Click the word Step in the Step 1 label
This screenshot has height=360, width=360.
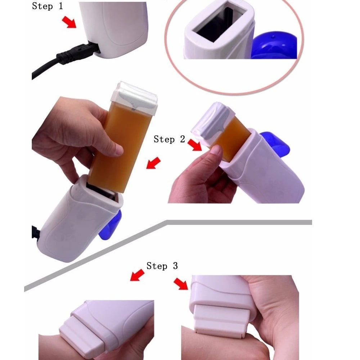pyautogui.click(x=42, y=6)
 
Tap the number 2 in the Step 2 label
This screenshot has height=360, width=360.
pyautogui.click(x=183, y=139)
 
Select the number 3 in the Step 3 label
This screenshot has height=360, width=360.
pyautogui.click(x=175, y=266)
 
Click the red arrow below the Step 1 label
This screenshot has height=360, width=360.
pyautogui.click(x=69, y=22)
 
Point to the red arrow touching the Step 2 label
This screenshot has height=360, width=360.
pyautogui.click(x=195, y=145)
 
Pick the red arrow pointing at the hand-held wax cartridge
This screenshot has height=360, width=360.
pyautogui.click(x=153, y=163)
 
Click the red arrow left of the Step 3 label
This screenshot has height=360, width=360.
pyautogui.click(x=137, y=275)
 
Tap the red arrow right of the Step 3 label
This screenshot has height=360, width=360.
pyautogui.click(x=181, y=284)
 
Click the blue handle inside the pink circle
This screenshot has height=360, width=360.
pyautogui.click(x=274, y=45)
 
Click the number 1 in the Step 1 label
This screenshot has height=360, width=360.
pyautogui.click(x=60, y=6)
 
